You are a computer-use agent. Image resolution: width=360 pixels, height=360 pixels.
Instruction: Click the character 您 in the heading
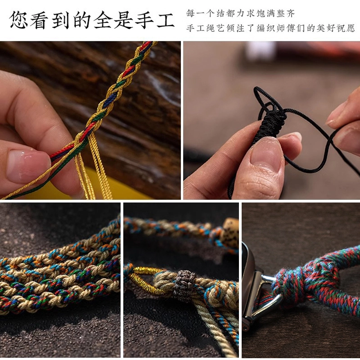[x=19, y=20]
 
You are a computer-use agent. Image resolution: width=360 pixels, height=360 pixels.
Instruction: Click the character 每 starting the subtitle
[x=190, y=13]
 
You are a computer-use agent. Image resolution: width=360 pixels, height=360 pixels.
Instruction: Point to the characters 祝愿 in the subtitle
[x=346, y=28]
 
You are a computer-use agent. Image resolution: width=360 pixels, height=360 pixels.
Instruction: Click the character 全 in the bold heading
[x=103, y=20]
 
